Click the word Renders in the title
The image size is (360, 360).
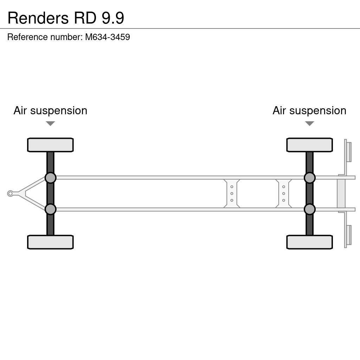point(38,18)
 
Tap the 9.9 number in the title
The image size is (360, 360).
point(113,18)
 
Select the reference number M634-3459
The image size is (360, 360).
point(107,37)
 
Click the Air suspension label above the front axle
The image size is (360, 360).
point(50,110)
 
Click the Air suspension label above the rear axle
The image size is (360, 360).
point(309,110)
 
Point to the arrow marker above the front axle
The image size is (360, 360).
point(50,123)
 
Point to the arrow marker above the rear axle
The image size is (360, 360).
point(309,123)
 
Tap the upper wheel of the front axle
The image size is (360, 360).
point(50,145)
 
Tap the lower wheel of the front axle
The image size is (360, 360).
point(50,242)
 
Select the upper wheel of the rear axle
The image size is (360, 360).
point(309,145)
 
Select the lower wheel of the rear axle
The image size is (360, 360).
point(309,242)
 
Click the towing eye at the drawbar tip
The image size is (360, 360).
point(10,193)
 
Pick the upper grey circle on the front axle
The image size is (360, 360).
point(50,178)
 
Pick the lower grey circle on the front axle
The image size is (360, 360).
point(50,209)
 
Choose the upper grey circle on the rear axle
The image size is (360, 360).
point(309,178)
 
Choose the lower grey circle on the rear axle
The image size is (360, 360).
point(309,209)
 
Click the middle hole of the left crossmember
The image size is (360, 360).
point(232,193)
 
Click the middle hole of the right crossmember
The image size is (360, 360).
point(283,193)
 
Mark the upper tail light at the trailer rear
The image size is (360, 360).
point(348,152)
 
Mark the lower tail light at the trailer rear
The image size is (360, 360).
point(348,235)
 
